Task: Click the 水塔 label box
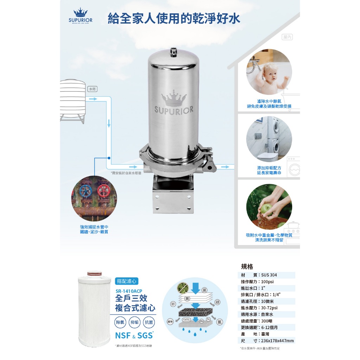click(x=92, y=89)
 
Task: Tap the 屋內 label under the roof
click(x=287, y=37)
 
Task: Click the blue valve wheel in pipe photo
click(x=86, y=191)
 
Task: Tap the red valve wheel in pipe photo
click(x=103, y=191)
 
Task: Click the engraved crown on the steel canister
click(x=174, y=100)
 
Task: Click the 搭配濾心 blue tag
click(x=127, y=281)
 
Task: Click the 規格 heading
click(x=247, y=266)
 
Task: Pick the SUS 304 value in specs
click(x=270, y=275)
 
